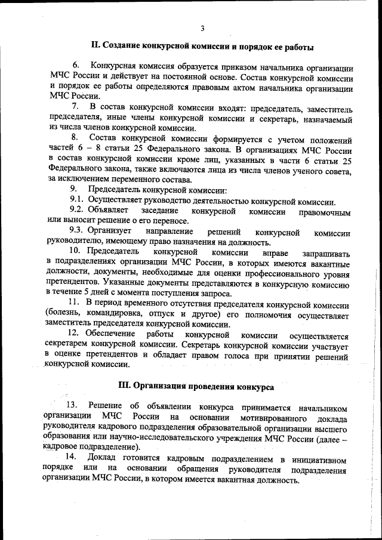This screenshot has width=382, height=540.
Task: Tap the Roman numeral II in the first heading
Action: (x=94, y=45)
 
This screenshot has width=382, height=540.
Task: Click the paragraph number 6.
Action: (x=76, y=64)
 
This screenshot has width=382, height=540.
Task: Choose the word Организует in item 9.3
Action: (x=110, y=232)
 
